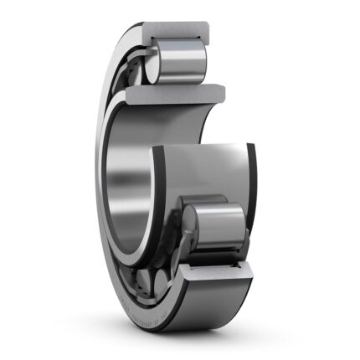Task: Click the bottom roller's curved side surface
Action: pos(222,224)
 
